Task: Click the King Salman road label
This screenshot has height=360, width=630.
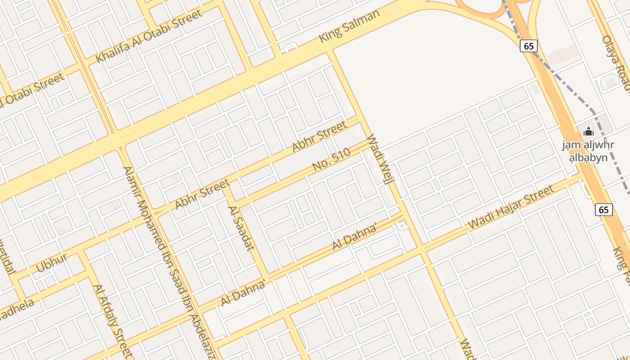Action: pyautogui.click(x=349, y=26)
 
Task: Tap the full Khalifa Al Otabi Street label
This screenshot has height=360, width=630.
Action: pyautogui.click(x=149, y=36)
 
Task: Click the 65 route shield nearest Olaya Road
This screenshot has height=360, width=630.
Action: pyautogui.click(x=529, y=45)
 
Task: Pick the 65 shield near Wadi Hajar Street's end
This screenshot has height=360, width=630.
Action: pyautogui.click(x=603, y=209)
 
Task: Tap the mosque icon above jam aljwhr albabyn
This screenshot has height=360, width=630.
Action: pyautogui.click(x=588, y=132)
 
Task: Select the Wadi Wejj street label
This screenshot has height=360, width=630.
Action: pyautogui.click(x=380, y=159)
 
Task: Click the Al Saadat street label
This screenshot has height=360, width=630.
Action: pyautogui.click(x=241, y=228)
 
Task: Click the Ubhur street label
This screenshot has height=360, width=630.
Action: pyautogui.click(x=51, y=262)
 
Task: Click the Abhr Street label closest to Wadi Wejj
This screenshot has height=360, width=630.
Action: pyautogui.click(x=319, y=135)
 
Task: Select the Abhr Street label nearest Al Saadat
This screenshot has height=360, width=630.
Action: pyautogui.click(x=202, y=194)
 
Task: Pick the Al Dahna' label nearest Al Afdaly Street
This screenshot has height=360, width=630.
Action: pyautogui.click(x=243, y=293)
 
